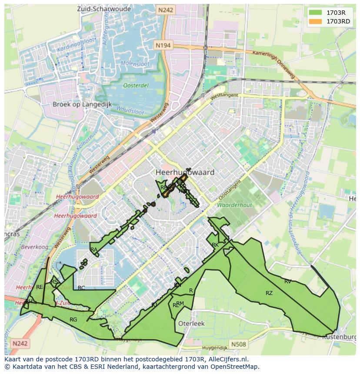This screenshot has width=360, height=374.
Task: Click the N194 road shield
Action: click(x=163, y=45)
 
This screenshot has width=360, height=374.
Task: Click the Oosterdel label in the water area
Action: click(x=135, y=86)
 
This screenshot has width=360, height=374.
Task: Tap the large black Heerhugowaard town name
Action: click(x=185, y=172)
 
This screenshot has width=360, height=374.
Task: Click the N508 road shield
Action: click(x=238, y=344)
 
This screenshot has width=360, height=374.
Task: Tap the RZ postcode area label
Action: click(x=269, y=293)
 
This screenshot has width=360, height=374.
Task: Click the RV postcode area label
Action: click(x=288, y=281)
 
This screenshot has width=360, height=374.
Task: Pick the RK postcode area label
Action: click(x=215, y=245)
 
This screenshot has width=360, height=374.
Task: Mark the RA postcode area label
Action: click(x=94, y=250)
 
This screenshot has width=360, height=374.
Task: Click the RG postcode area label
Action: click(x=73, y=320)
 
